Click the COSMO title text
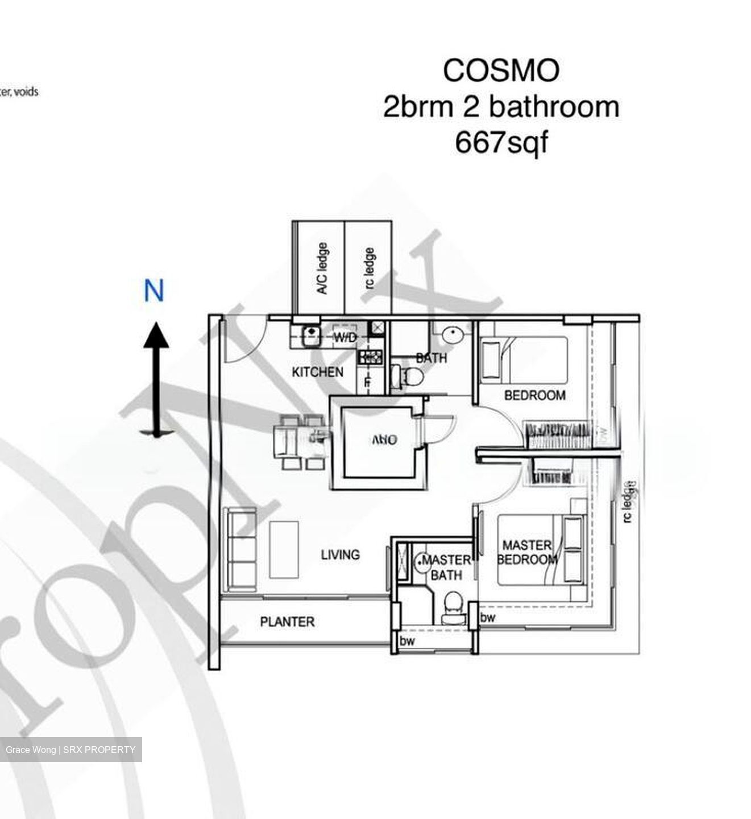(501, 71)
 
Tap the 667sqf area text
(501, 142)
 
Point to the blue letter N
(153, 291)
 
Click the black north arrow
(155, 378)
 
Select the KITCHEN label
(317, 372)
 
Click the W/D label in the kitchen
(345, 338)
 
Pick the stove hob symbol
(370, 357)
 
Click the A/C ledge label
(322, 268)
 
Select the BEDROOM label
(534, 395)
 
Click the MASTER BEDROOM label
(526, 552)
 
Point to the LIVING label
(340, 555)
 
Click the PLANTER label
(287, 622)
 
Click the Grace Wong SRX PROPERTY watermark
(70, 750)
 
